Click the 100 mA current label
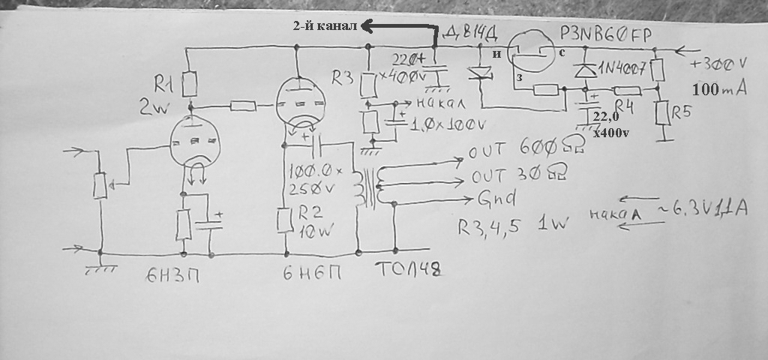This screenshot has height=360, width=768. tap(719, 90)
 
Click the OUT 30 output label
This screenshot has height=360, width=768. tap(517, 175)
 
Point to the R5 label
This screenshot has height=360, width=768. tap(680, 112)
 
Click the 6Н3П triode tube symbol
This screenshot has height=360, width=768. tap(193, 143)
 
